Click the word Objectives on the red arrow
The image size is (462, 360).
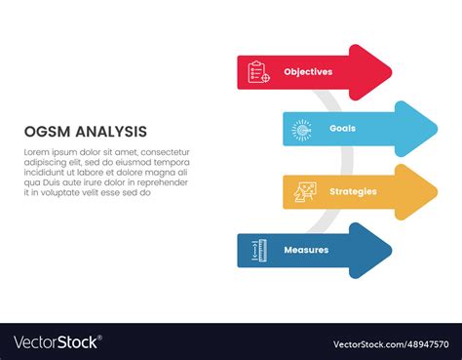tap(308, 72)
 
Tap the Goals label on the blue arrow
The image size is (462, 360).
tap(342, 129)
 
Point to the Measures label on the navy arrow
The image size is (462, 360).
tap(306, 250)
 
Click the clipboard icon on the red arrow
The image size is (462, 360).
tap(258, 72)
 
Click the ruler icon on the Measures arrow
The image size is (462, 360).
tap(258, 250)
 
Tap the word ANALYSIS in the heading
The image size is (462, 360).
tap(112, 131)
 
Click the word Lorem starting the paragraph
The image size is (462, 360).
tap(36, 151)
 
